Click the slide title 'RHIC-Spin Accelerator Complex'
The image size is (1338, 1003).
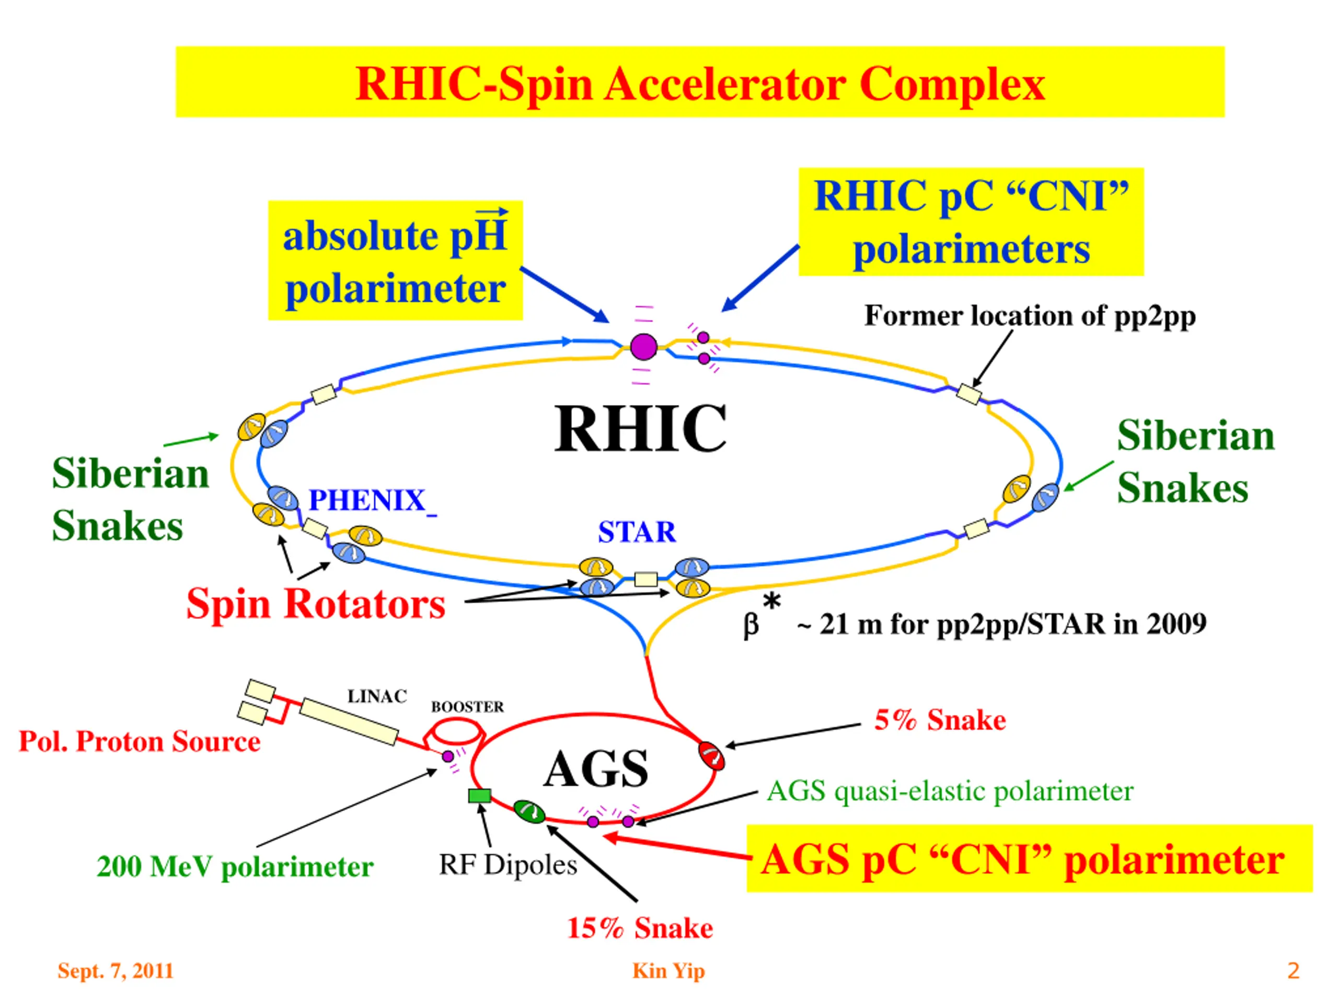pos(700,83)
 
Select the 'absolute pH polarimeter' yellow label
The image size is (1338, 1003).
pos(395,260)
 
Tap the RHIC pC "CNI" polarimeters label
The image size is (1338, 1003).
pos(971,222)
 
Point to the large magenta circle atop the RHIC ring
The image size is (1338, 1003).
pos(643,347)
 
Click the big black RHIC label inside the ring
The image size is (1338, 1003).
pos(641,428)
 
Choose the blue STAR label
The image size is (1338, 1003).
pos(637,533)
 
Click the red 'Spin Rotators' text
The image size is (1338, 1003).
pos(316,604)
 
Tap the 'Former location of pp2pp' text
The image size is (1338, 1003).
pos(1030,316)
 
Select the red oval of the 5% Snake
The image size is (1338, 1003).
pos(711,755)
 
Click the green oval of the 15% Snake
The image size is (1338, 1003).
pos(529,811)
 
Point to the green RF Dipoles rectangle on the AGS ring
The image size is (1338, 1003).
pos(480,796)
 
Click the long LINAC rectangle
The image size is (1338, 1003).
pos(349,721)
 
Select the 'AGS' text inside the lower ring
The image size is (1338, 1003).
pos(596,769)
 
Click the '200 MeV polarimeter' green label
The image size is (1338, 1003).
pos(235,866)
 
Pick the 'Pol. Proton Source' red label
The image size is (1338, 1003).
pos(140,742)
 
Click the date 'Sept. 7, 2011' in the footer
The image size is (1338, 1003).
pos(116,970)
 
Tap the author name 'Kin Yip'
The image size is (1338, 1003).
pos(668,970)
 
